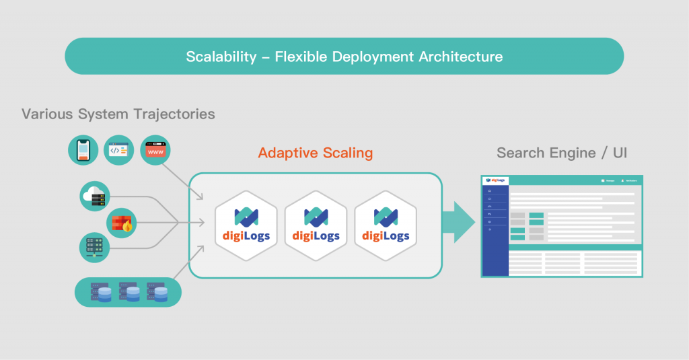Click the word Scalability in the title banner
221,57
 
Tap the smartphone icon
83,151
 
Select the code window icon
119,151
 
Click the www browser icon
155,151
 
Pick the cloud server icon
94,196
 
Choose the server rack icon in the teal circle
94,246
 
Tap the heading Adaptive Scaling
315,153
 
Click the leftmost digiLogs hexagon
246,225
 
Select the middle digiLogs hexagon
316,225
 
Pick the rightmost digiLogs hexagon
386,225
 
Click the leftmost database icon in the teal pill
100,291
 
